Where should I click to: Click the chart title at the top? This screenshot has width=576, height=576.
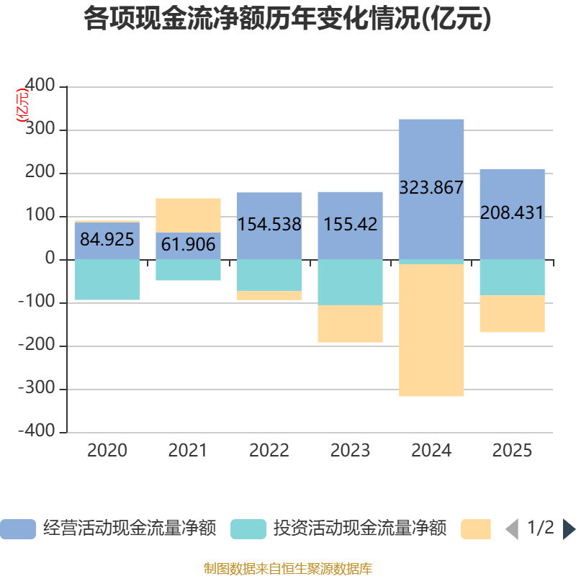(x=287, y=19)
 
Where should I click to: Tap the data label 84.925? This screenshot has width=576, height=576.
(x=107, y=239)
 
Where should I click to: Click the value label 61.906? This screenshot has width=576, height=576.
(x=188, y=245)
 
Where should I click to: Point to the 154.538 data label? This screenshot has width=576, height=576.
(x=269, y=224)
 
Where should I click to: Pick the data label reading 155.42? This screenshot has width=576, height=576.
(x=350, y=224)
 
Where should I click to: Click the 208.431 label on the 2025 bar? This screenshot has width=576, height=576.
(x=512, y=214)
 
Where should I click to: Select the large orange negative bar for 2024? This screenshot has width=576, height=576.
(x=431, y=330)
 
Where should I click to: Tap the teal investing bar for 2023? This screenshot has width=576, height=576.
(x=350, y=282)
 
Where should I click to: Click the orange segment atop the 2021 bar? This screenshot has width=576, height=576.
(x=188, y=215)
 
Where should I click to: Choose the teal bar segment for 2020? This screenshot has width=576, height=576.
(x=107, y=279)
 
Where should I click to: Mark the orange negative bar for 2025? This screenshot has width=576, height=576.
(x=512, y=314)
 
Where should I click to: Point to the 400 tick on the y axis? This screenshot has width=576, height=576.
(x=40, y=86)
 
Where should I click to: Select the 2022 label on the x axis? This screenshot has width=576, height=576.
(x=269, y=451)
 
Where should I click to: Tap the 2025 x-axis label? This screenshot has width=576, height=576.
(x=512, y=451)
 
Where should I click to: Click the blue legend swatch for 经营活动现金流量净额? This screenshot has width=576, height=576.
(x=18, y=529)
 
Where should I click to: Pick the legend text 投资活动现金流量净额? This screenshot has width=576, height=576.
(x=359, y=529)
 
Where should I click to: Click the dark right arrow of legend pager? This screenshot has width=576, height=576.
(x=568, y=529)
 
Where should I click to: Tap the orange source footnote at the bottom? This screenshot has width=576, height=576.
(x=287, y=569)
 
